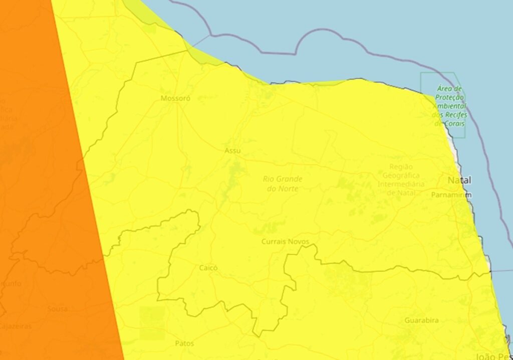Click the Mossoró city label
pos(175,98)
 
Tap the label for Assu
pos(232,150)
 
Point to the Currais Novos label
pos(282,242)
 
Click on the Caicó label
pos(208,268)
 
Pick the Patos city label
pos(184,343)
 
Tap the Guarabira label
pos(421,320)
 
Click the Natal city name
pos(459,180)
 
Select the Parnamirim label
pos(451,195)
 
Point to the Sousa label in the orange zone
pos(58,308)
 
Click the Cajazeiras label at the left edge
pos(15,326)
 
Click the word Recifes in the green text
pos(456,115)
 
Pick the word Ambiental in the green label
pos(450,106)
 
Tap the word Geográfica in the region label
pos(401,175)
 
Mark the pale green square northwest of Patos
pos(152,323)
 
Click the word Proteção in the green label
pos(449,97)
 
